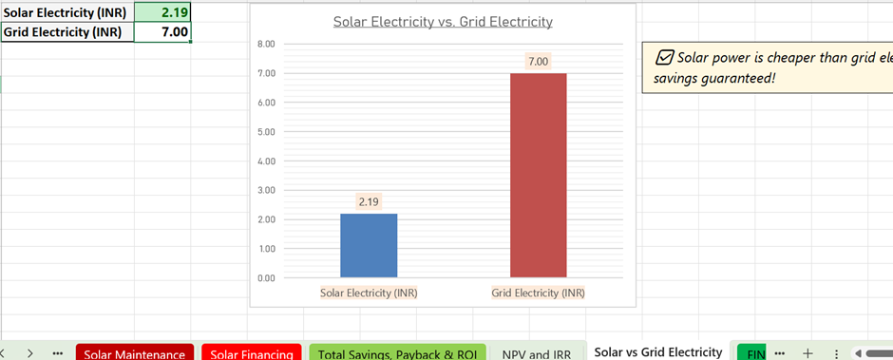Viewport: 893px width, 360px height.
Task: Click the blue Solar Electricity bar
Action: tap(369, 245)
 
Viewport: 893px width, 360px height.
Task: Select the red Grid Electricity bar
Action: tap(538, 175)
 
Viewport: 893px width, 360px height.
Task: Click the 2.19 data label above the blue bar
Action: tap(369, 201)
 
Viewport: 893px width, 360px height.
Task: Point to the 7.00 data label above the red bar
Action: tap(538, 62)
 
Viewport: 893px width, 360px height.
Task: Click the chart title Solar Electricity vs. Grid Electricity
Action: tap(443, 22)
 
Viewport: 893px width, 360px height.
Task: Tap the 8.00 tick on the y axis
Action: tap(266, 44)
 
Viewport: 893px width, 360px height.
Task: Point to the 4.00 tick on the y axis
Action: tap(266, 161)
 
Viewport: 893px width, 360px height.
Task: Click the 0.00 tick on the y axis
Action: tap(266, 278)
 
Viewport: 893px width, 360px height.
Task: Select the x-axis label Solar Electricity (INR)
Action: tap(369, 293)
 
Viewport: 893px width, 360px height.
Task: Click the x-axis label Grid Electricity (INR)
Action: tap(538, 293)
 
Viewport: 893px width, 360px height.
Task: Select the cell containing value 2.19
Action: tap(162, 11)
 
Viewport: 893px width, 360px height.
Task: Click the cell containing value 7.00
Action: tap(162, 32)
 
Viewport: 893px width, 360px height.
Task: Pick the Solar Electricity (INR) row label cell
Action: tap(66, 11)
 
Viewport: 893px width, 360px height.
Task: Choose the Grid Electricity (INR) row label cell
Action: tap(66, 32)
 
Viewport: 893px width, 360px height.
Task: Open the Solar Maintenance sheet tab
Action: tap(134, 353)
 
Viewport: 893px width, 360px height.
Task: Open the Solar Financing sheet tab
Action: tap(251, 353)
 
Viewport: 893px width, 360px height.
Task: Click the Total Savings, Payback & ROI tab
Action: tap(397, 353)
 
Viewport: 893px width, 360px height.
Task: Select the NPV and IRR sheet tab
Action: tap(537, 353)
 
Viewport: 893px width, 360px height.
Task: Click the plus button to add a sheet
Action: tap(807, 352)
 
